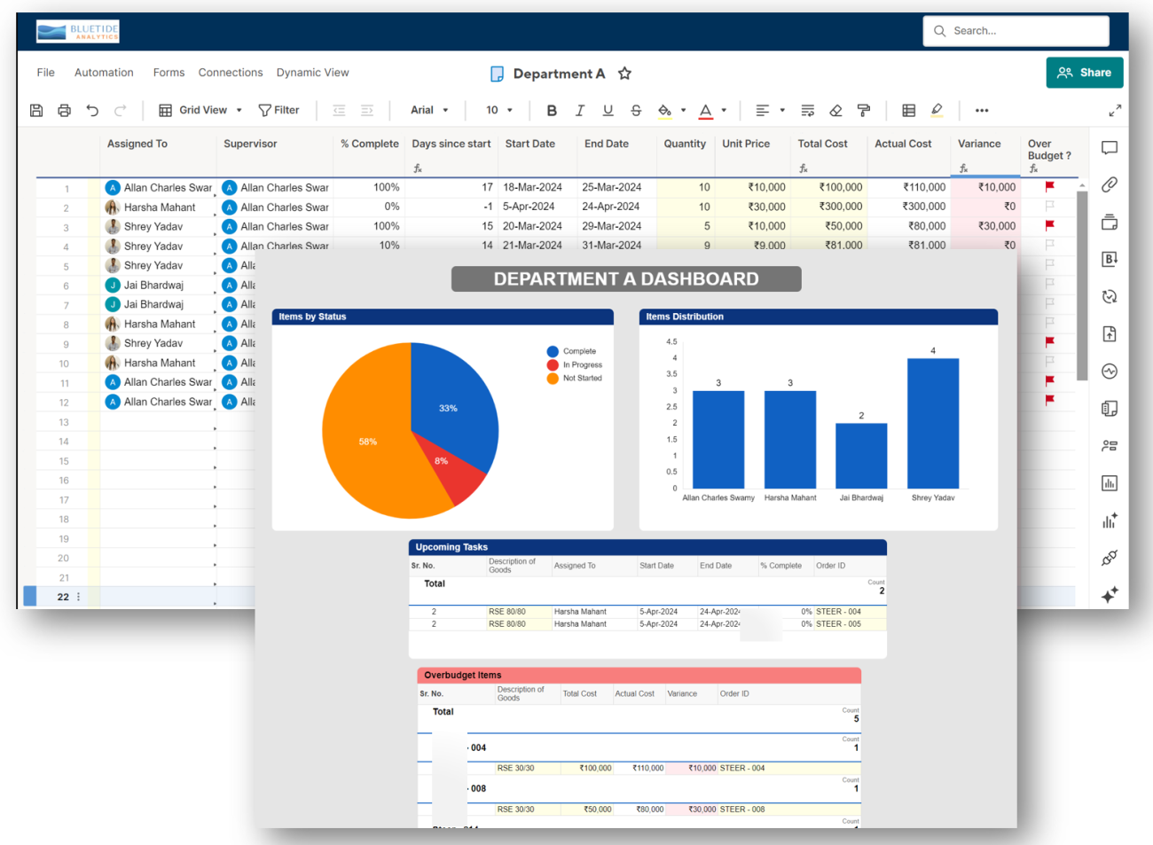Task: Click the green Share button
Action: [1084, 73]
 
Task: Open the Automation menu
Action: [104, 73]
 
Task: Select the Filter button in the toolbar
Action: [278, 110]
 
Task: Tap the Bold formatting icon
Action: [552, 110]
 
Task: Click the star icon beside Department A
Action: [624, 74]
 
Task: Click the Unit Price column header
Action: [746, 144]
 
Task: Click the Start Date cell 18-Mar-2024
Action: [532, 187]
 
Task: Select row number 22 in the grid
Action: [63, 597]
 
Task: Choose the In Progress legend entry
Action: [582, 364]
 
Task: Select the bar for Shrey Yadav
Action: [933, 424]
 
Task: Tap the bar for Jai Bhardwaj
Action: [861, 456]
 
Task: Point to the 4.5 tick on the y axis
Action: [671, 341]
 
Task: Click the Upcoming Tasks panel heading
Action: [451, 547]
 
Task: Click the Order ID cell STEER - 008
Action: [741, 809]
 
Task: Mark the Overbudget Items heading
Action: [463, 675]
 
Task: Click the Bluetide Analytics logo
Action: [78, 32]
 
